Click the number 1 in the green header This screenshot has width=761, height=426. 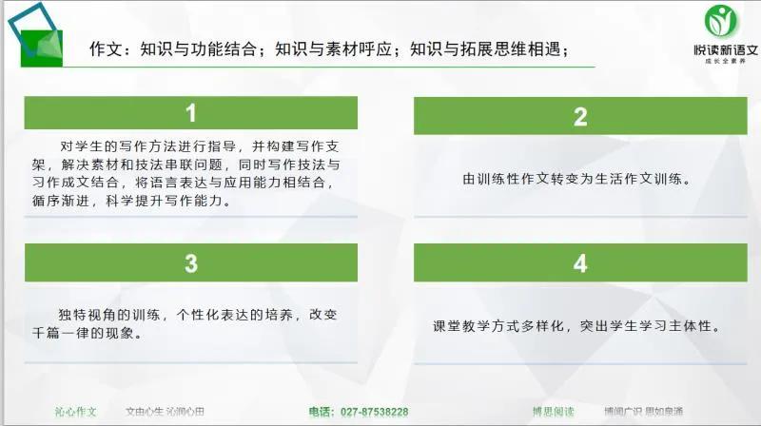(191, 113)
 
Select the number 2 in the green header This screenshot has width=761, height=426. (580, 117)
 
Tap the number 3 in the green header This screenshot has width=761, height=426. (191, 262)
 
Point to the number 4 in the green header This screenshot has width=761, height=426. (580, 262)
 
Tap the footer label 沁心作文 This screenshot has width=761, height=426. (75, 412)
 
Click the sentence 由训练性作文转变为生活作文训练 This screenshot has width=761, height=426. (576, 179)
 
